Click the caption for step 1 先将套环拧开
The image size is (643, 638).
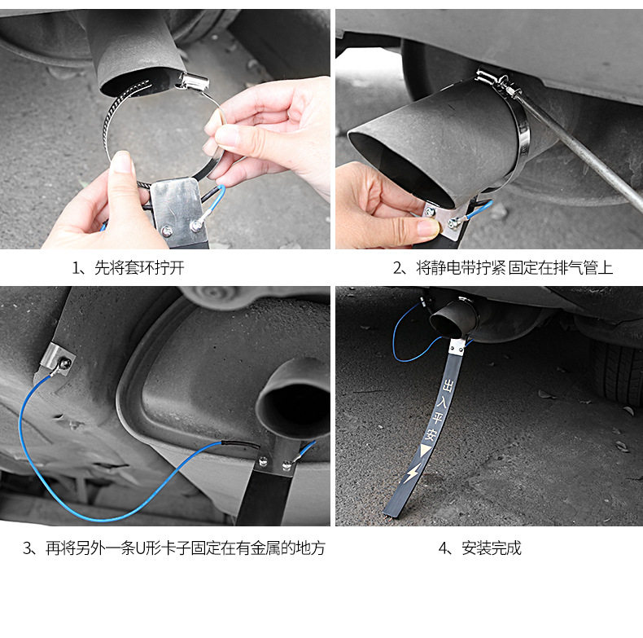(129, 268)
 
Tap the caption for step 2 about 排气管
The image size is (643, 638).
(503, 268)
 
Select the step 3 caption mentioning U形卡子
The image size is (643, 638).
(174, 548)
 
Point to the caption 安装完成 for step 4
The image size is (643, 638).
(479, 548)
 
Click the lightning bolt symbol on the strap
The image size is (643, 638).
(413, 473)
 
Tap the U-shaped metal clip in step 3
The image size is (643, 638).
(57, 358)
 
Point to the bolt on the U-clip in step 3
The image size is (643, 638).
(65, 363)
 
